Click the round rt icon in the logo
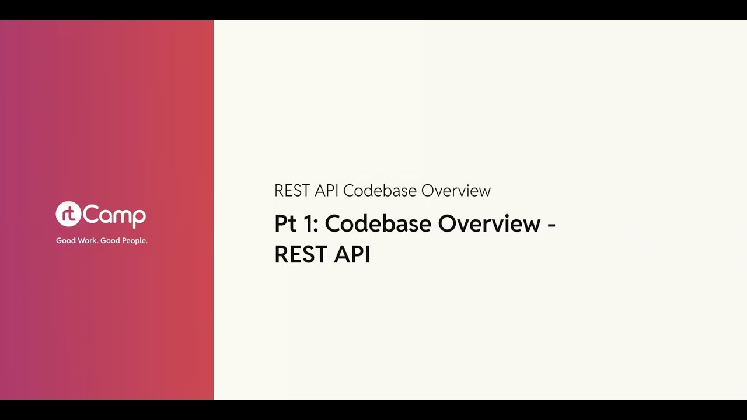coord(68,214)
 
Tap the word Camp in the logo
coord(114,215)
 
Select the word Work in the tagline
coord(86,241)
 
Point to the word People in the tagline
coord(134,241)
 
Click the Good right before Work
coord(65,241)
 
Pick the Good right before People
coord(110,241)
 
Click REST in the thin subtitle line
coord(292,191)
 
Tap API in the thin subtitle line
coord(326,191)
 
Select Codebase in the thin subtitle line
coord(379,191)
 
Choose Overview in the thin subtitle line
coord(456,191)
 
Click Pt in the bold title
coord(284,224)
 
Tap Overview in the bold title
coord(489,224)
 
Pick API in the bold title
coord(352,255)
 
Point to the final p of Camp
coord(139,218)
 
